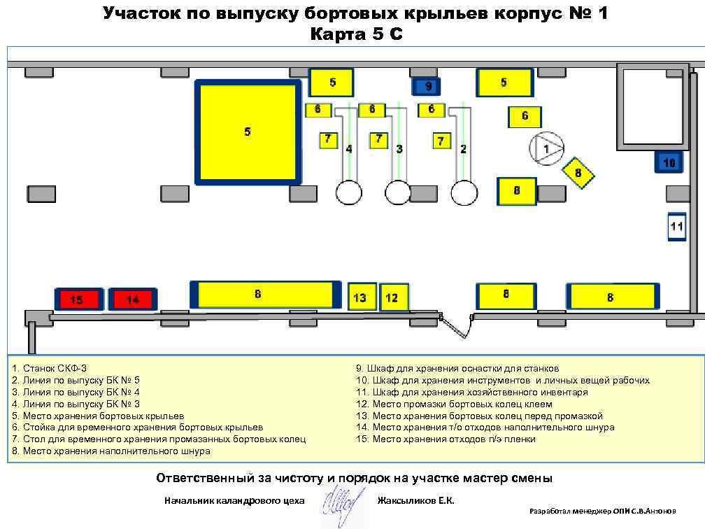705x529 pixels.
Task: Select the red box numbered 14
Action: [133, 299]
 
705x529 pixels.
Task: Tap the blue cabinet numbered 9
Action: [429, 86]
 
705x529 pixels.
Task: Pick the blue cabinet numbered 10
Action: [669, 163]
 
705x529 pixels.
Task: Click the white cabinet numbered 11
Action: [676, 227]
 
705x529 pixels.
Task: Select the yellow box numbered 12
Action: [394, 297]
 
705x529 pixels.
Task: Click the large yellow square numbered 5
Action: [248, 132]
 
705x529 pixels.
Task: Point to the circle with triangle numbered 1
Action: [546, 148]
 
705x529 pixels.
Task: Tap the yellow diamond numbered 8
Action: [578, 172]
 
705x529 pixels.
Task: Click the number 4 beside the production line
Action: [349, 148]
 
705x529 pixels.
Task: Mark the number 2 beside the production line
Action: [463, 148]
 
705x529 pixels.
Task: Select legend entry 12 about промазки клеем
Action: [454, 404]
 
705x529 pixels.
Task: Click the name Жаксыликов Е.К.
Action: [415, 500]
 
